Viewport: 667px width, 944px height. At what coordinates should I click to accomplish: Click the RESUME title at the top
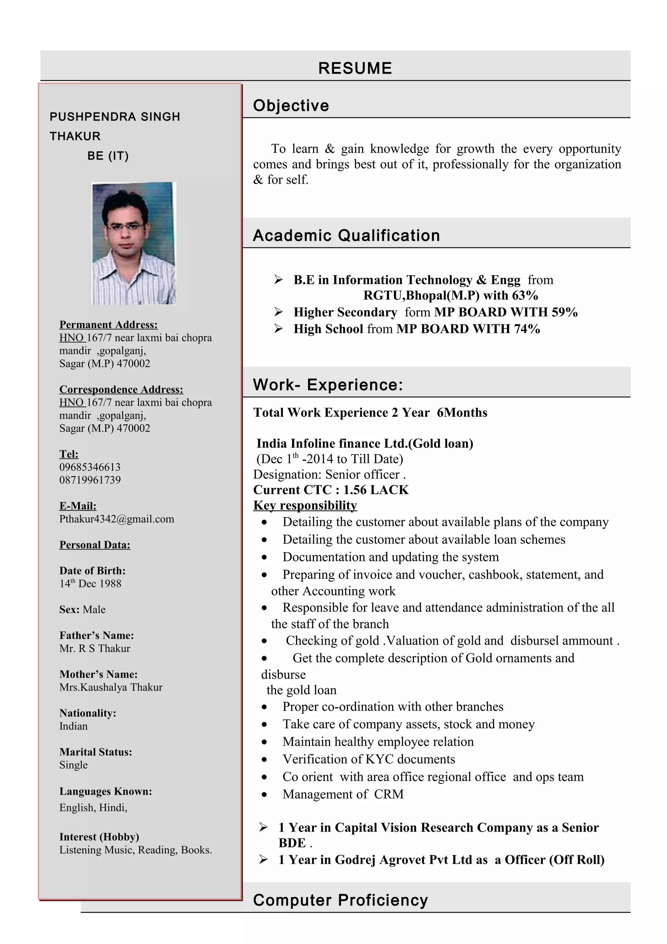click(355, 68)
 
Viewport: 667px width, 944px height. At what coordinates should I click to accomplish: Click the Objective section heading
click(291, 106)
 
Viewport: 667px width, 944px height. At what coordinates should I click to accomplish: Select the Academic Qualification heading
click(346, 236)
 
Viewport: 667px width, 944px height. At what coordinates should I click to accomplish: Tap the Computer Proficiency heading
click(340, 900)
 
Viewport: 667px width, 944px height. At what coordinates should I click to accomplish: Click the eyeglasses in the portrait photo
click(126, 226)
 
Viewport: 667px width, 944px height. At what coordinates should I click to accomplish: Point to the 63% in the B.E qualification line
click(525, 296)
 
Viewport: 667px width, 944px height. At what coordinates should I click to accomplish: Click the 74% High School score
click(527, 329)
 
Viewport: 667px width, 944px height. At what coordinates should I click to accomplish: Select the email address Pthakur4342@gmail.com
click(117, 519)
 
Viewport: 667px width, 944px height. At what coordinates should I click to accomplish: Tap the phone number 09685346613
click(90, 467)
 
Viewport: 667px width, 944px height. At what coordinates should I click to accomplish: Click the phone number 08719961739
click(90, 480)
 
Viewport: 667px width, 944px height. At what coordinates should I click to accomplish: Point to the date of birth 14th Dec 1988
click(91, 583)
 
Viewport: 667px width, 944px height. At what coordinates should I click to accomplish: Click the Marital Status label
click(96, 752)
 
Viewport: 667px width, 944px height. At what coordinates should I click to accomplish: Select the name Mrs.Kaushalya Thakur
click(111, 687)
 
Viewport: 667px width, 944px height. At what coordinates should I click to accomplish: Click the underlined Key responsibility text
click(305, 505)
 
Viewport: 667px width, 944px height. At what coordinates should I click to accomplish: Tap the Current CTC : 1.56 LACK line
click(331, 490)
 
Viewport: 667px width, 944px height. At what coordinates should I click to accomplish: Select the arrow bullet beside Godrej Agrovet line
click(263, 859)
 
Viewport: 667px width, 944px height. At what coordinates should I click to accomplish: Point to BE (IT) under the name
click(108, 156)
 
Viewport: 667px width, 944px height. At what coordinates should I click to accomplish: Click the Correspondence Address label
click(121, 389)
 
